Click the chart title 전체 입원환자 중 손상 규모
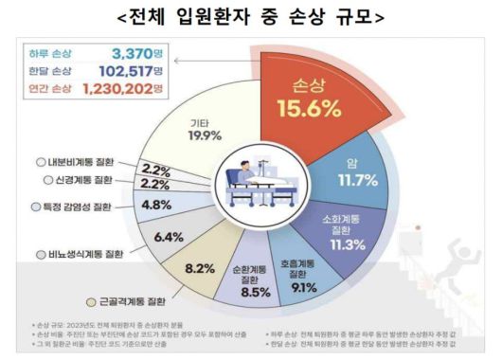[250, 16]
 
